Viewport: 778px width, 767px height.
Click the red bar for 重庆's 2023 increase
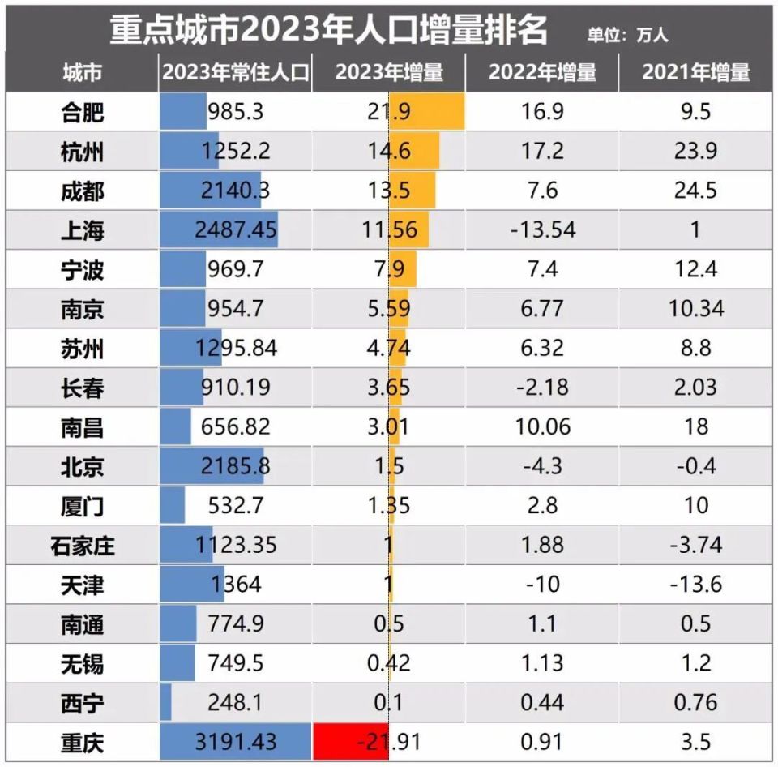[351, 741]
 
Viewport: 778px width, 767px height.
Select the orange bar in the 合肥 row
[427, 111]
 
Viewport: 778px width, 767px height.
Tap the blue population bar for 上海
[219, 230]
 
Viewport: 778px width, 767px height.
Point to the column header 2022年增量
[542, 72]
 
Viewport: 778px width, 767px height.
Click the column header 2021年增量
[696, 72]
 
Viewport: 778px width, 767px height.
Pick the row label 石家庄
[82, 545]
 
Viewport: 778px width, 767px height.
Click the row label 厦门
[82, 506]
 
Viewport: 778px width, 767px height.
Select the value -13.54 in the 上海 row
[542, 230]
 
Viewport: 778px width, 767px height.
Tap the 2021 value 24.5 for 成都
[696, 191]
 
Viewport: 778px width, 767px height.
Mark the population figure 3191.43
[236, 741]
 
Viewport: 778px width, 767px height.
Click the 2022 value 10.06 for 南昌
[542, 426]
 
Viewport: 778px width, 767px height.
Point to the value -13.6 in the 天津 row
[696, 584]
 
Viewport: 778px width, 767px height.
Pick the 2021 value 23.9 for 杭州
[696, 151]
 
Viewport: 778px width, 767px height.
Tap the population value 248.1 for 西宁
[235, 702]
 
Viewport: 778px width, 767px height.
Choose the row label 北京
[82, 466]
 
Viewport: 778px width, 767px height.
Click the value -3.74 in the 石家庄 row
[696, 545]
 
